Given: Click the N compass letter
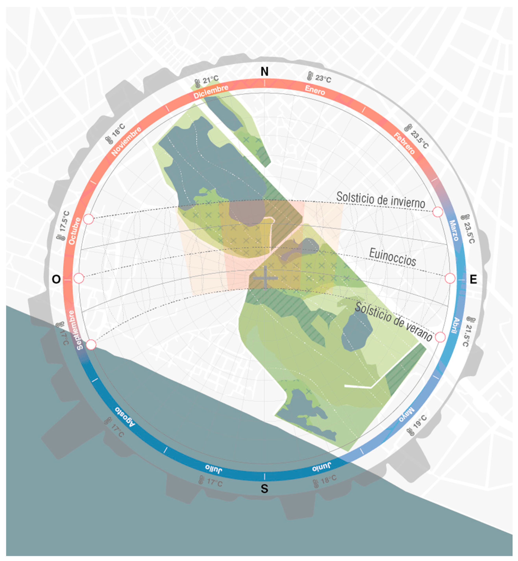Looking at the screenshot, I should click(x=264, y=72).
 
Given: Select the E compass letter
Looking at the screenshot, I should click(x=473, y=280).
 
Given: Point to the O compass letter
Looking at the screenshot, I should click(x=56, y=279).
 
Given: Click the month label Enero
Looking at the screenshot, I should click(x=315, y=90).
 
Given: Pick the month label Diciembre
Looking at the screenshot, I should click(x=211, y=92).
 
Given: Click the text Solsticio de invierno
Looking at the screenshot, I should click(x=381, y=200).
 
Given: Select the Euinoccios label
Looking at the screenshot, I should click(x=392, y=257).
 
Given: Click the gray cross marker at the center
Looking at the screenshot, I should click(x=265, y=278).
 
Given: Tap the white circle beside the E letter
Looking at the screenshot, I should click(x=450, y=279).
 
